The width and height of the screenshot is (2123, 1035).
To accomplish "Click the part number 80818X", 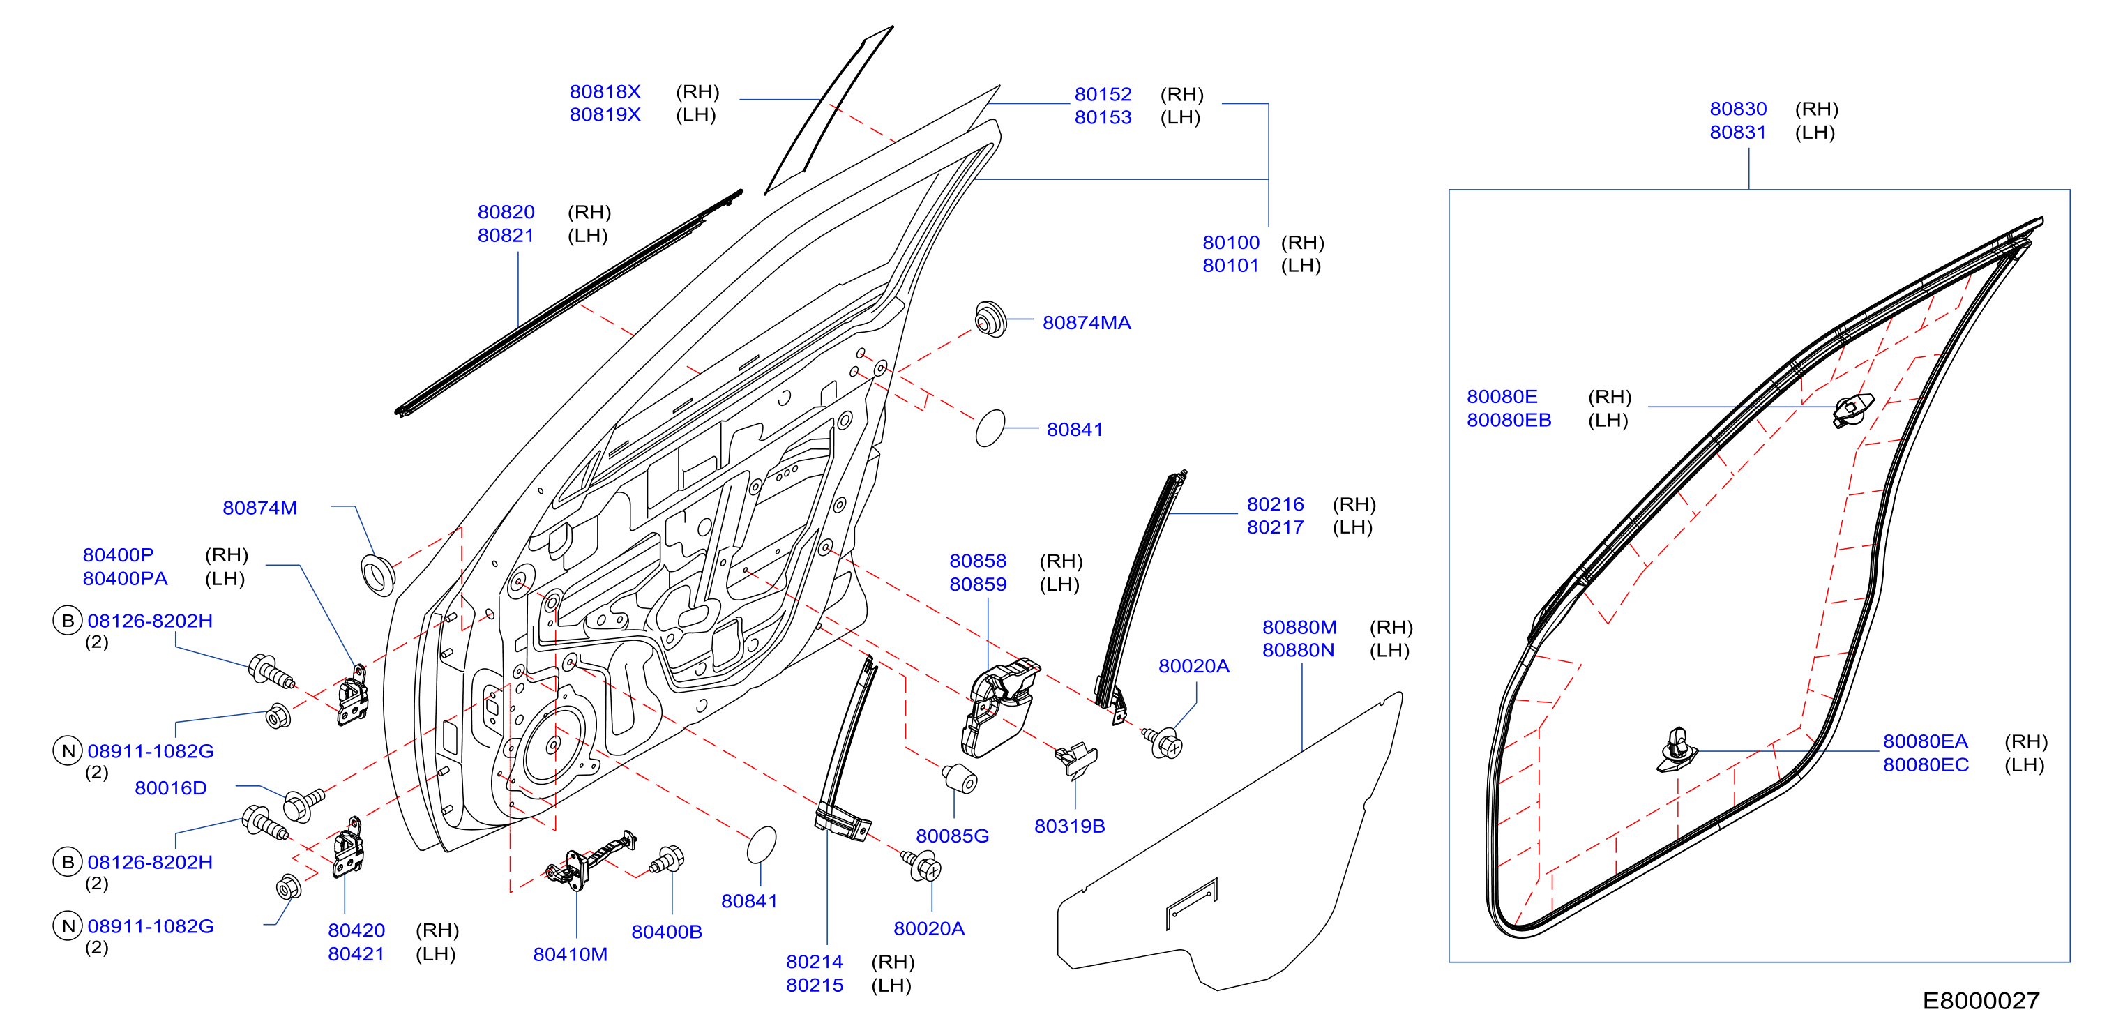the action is (x=605, y=91).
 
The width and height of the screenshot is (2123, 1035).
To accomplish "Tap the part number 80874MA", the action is (x=1086, y=323).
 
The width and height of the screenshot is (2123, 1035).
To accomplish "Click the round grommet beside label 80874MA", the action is (x=990, y=319).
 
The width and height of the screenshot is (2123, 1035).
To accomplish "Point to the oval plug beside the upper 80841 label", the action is (x=990, y=428).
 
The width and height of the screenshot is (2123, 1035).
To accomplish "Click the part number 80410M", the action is (x=570, y=954).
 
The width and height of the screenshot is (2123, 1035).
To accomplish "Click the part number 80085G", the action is (x=952, y=836).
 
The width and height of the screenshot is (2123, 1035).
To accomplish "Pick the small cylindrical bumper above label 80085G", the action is (x=959, y=778).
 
